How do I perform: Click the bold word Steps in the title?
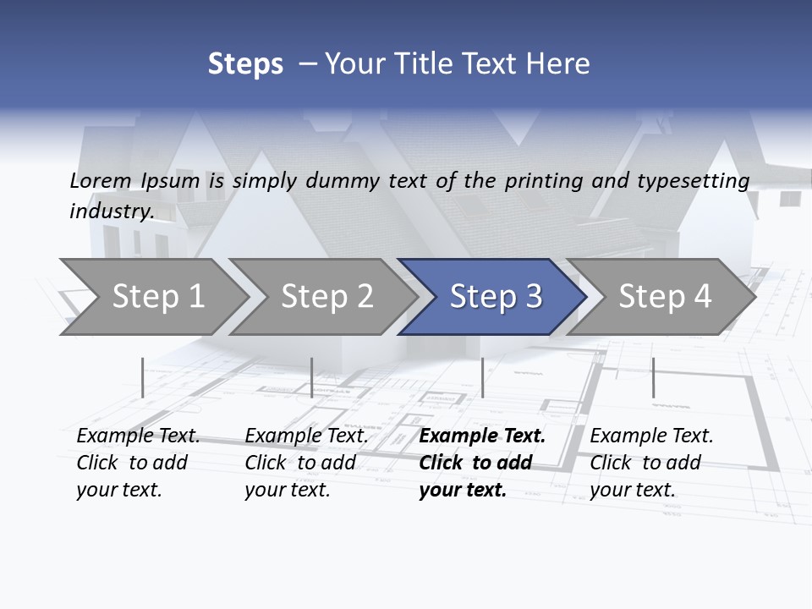pos(245,64)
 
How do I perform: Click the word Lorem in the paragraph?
pos(101,181)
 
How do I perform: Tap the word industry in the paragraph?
pos(111,211)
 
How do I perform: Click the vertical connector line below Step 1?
pos(143,377)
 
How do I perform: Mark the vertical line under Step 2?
pos(312,377)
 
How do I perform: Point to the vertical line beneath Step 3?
pos(482,377)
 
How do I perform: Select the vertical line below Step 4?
pos(653,377)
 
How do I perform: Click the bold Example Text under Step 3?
pos(482,436)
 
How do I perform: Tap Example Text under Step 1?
pos(138,436)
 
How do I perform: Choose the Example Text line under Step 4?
pos(651,436)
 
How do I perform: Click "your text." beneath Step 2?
pos(288,490)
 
